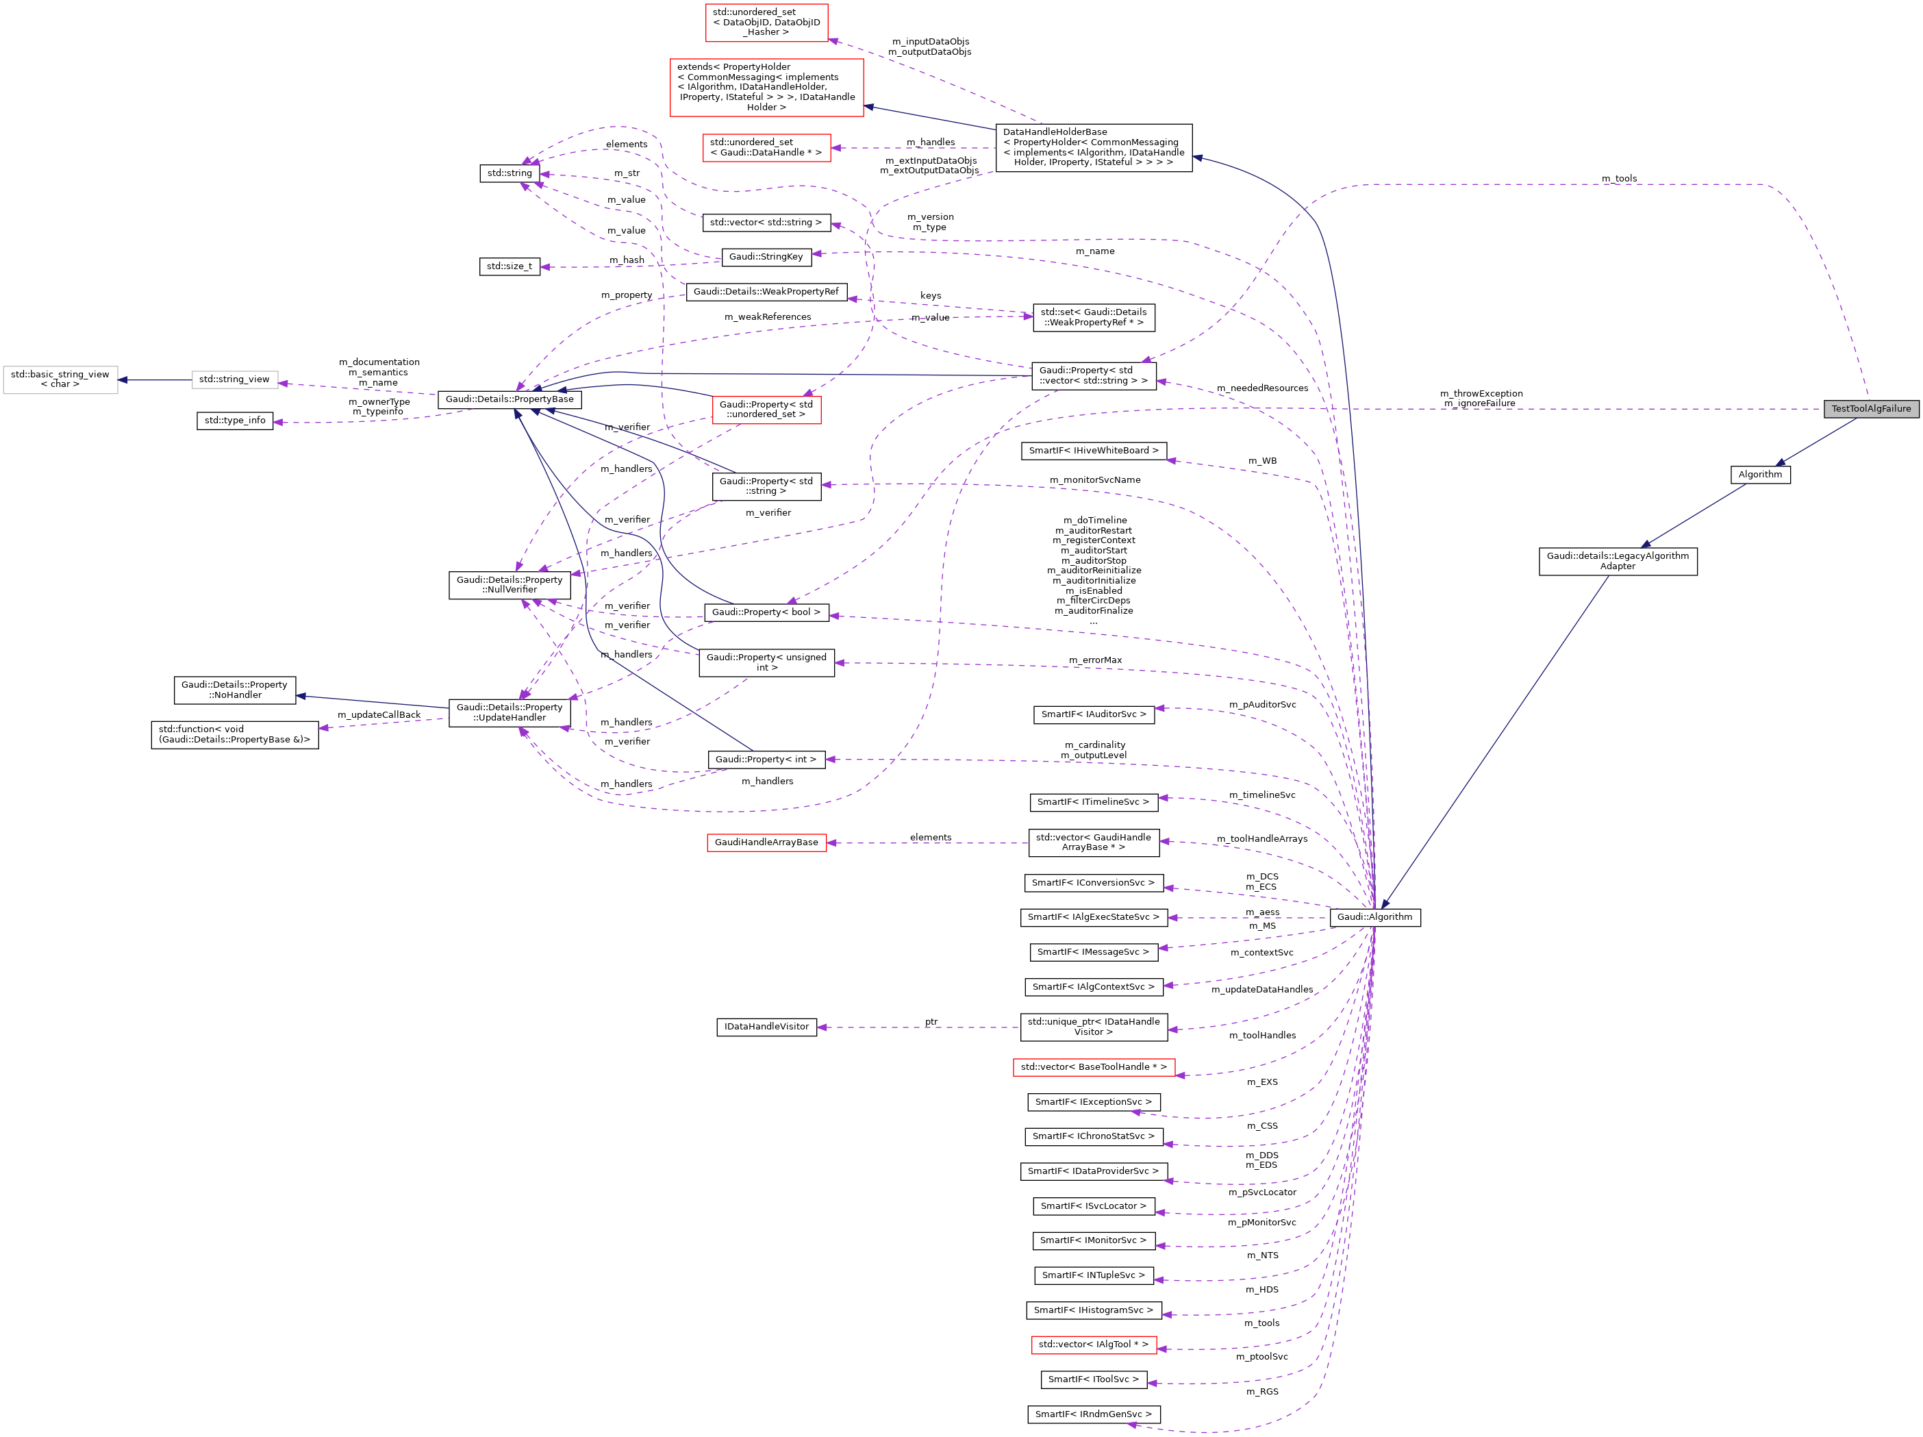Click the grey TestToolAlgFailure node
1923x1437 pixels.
(x=1870, y=409)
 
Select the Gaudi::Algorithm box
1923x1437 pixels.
(x=1374, y=917)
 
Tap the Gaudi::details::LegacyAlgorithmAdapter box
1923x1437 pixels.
(x=1617, y=561)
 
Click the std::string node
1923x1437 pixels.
(x=510, y=173)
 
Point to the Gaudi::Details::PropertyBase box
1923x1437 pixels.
(x=510, y=399)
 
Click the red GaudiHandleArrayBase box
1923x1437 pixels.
(x=766, y=842)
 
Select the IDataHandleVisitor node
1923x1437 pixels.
(x=766, y=1027)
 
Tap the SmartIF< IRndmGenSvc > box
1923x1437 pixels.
(x=1093, y=1414)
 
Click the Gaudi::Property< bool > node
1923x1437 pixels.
(x=766, y=612)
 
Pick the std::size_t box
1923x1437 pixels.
(x=510, y=266)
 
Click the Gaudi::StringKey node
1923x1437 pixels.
(x=766, y=256)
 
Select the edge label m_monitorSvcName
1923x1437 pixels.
(x=1094, y=480)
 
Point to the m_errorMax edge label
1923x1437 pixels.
(x=1094, y=660)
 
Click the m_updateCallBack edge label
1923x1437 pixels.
(x=378, y=714)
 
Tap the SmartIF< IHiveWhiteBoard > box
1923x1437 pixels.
(x=1093, y=450)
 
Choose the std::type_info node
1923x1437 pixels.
(x=235, y=420)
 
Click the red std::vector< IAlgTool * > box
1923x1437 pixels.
(x=1093, y=1344)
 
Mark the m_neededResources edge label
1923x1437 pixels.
(x=1261, y=388)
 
